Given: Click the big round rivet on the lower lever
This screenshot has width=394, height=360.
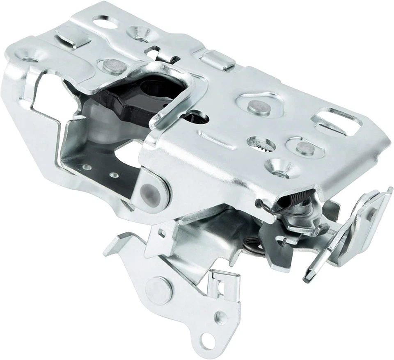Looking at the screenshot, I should (x=158, y=290).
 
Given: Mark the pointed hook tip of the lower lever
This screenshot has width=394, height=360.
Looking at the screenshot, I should (x=108, y=251).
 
